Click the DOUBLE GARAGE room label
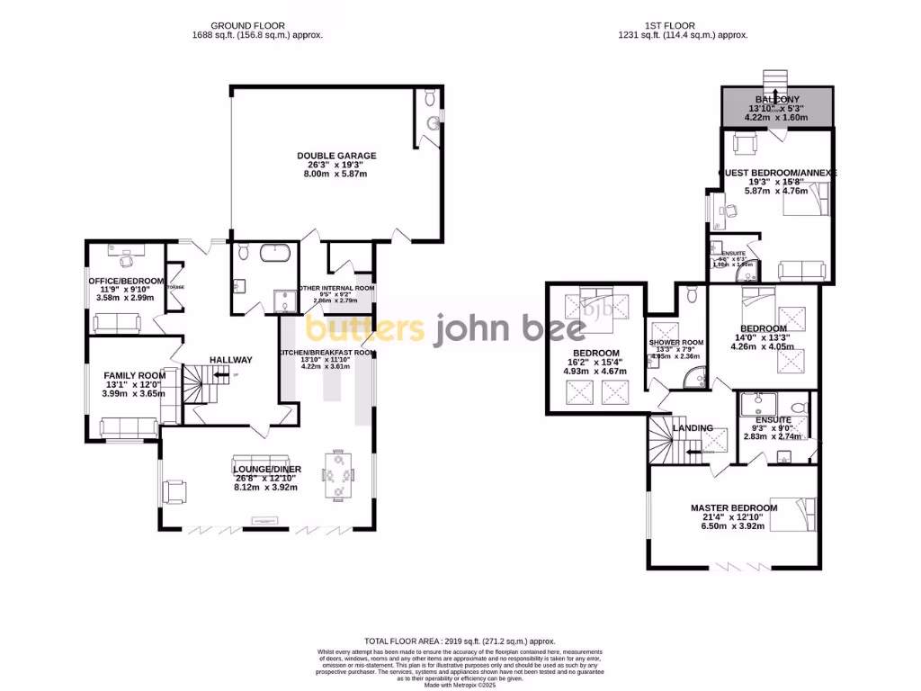coord(336,156)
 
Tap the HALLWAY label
coord(231,360)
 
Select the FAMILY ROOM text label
coord(134,375)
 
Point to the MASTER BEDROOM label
coord(733,508)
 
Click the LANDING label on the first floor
coord(693,428)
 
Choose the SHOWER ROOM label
coord(675,343)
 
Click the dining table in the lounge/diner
coord(339,473)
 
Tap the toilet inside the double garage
coord(429,98)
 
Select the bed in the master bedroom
coord(796,516)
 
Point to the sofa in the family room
coord(128,427)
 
